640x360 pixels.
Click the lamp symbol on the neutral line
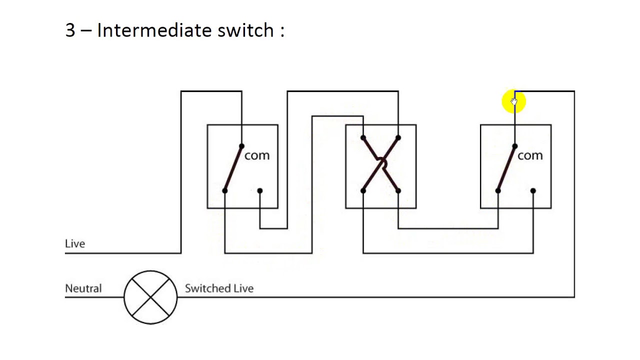(x=150, y=297)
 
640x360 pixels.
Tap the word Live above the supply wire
(x=75, y=243)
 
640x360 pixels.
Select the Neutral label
(x=83, y=288)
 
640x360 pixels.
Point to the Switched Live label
(x=219, y=288)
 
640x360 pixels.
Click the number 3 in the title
(x=70, y=30)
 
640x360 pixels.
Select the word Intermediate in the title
(x=154, y=30)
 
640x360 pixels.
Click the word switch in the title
(x=245, y=30)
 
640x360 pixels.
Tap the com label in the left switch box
(x=257, y=155)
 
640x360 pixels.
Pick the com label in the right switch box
(x=530, y=155)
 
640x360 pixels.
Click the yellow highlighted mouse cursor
(x=513, y=101)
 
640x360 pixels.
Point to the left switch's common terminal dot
(x=241, y=146)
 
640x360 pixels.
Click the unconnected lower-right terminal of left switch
(x=259, y=190)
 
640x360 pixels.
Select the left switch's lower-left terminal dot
(x=225, y=190)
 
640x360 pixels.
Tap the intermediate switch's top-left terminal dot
(x=363, y=138)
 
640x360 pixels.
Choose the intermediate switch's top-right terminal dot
(x=398, y=138)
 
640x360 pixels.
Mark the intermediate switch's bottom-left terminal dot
(x=363, y=190)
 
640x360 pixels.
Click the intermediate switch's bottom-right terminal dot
(x=398, y=190)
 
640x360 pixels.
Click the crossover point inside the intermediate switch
(x=381, y=163)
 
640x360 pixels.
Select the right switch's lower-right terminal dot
(x=533, y=190)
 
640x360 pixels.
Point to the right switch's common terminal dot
(x=515, y=146)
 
